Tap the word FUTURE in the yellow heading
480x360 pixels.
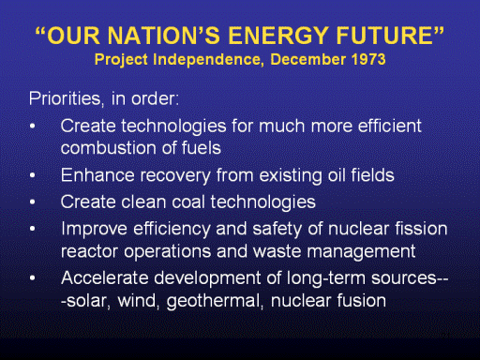[384, 35]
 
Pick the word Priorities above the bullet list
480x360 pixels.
[66, 98]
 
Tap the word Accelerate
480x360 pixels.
[105, 277]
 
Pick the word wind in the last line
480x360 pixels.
[138, 301]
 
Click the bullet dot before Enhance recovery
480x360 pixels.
[33, 175]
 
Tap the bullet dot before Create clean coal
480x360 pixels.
[33, 202]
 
